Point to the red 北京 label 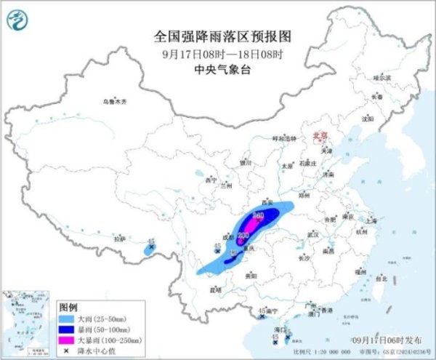pyautogui.click(x=320, y=135)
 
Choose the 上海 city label pyautogui.click(x=372, y=219)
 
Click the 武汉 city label pyautogui.click(x=313, y=235)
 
